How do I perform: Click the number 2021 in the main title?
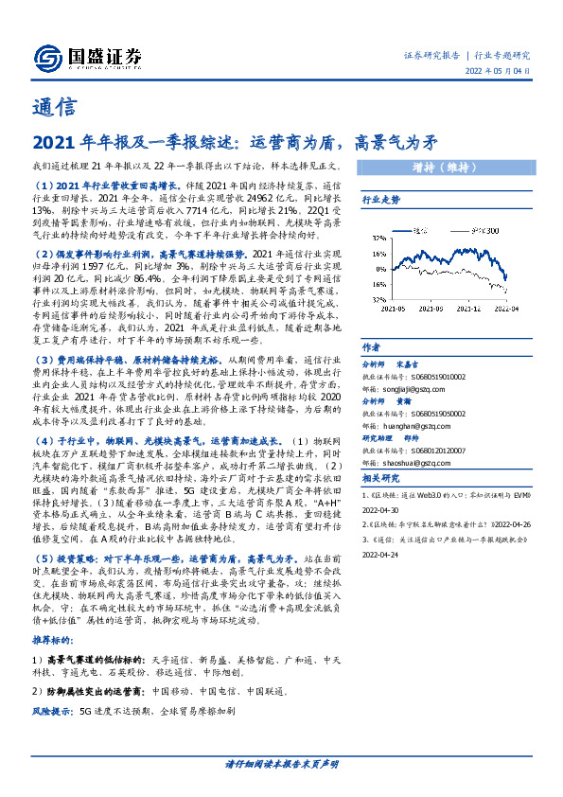coord(56,144)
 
